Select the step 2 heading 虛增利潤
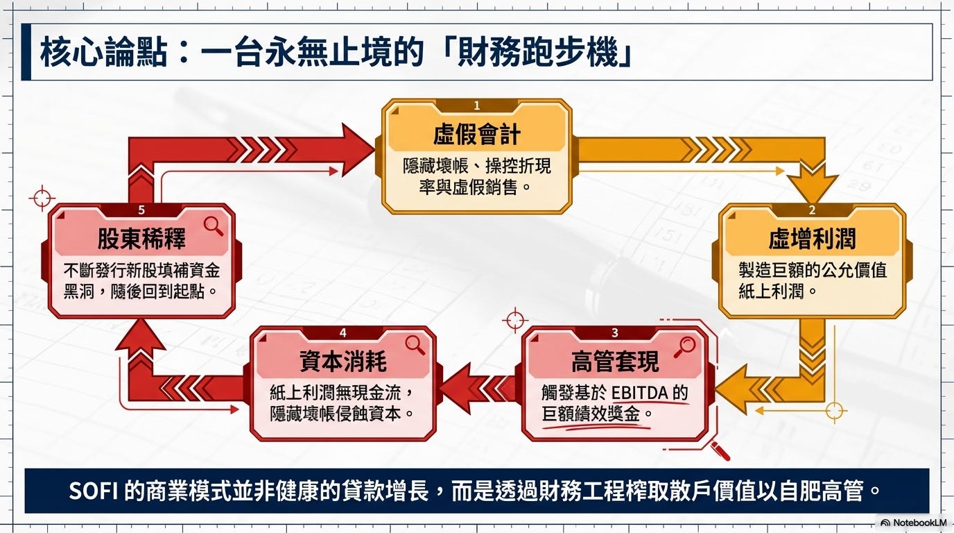click(x=812, y=239)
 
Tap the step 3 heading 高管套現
click(x=615, y=361)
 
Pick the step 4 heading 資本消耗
click(x=342, y=361)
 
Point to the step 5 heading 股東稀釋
click(x=141, y=239)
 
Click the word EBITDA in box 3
click(x=639, y=393)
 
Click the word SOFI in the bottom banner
click(x=94, y=491)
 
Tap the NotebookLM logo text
click(x=919, y=523)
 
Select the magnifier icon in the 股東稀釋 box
click(x=213, y=224)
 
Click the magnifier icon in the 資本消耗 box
click(x=415, y=344)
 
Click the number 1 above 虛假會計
click(x=477, y=105)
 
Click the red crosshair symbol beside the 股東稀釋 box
click(x=42, y=198)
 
